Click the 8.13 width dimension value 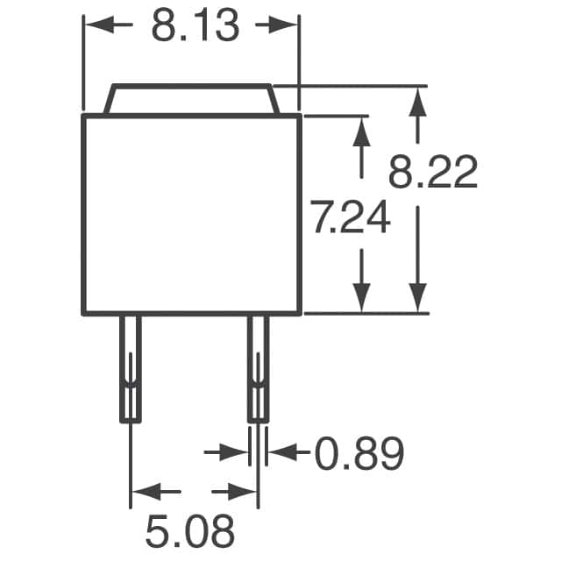point(195,25)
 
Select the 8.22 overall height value point(433,172)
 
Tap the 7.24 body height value point(352,217)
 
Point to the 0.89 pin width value point(359,453)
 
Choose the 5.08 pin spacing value point(190,531)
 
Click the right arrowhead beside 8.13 point(283,25)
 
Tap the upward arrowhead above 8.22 point(417,102)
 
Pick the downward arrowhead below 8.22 point(417,298)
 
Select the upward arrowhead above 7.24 point(361,131)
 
